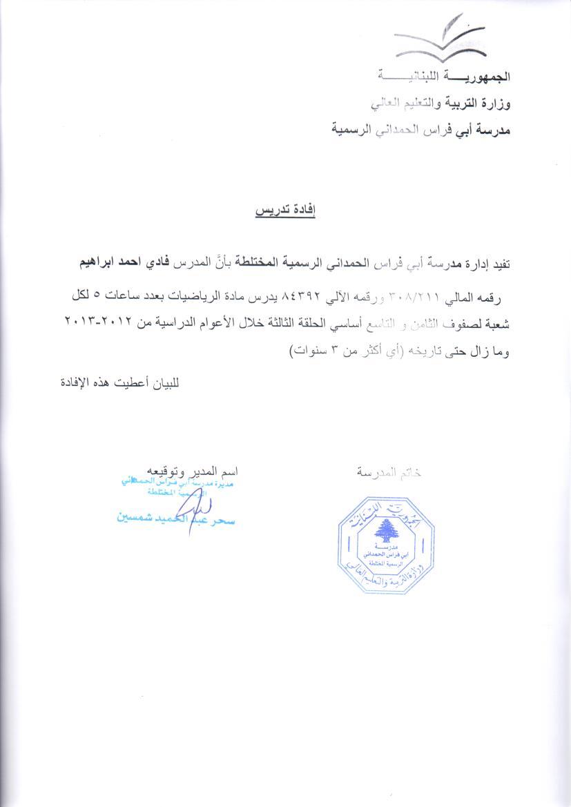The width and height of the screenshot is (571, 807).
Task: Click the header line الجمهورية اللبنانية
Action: point(445,75)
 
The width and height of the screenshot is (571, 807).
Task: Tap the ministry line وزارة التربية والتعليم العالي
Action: point(441,105)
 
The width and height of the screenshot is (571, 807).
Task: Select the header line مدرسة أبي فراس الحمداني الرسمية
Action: point(421,129)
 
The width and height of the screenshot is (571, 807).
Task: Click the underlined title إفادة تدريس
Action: point(285,210)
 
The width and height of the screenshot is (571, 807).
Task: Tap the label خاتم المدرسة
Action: point(389,473)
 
